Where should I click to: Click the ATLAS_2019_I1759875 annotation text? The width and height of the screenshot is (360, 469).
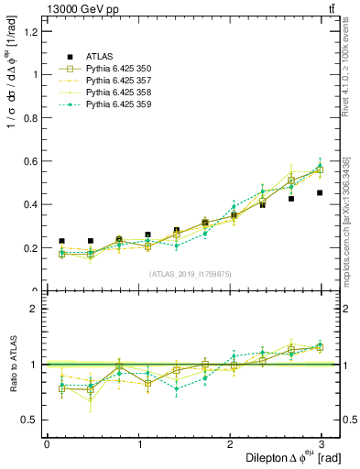[191, 274]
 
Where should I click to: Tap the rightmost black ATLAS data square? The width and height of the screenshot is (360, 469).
[320, 193]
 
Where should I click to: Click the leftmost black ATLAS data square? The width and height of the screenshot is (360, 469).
[61, 241]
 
